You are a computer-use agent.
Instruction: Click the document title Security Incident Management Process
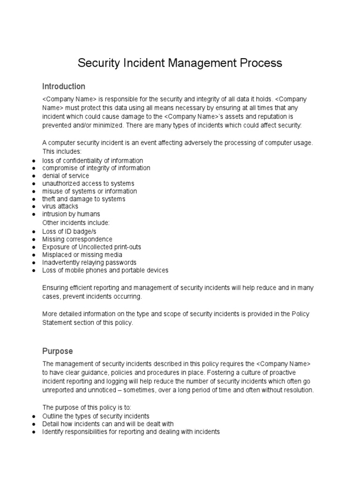[180, 63]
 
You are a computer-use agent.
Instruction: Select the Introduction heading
[64, 87]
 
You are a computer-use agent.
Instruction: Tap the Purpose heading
[58, 351]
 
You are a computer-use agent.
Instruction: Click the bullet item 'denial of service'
[66, 176]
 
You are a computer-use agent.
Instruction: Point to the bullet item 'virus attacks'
[60, 206]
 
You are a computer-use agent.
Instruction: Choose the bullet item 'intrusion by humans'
[71, 214]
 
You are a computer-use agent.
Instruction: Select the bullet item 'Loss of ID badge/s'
[70, 232]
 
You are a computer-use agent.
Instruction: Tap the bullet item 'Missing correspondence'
[77, 239]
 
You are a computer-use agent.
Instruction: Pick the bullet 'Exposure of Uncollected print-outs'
[91, 247]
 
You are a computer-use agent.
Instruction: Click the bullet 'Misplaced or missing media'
[83, 255]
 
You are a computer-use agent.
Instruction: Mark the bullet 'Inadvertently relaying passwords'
[90, 262]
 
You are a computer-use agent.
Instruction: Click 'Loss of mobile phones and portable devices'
[105, 270]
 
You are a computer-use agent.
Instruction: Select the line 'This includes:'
[62, 151]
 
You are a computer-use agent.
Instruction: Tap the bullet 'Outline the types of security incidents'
[96, 416]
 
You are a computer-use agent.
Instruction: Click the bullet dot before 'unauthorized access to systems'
[34, 184]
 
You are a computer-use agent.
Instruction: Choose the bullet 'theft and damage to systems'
[84, 199]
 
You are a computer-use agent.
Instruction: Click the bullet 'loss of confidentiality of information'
[93, 160]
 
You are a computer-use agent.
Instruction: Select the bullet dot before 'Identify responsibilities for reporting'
[34, 432]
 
